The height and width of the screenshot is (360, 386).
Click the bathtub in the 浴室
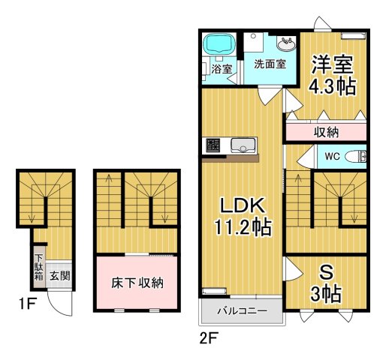tap(220, 46)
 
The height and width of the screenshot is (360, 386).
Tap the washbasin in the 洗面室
tap(287, 43)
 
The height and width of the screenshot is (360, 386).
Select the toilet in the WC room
tap(360, 156)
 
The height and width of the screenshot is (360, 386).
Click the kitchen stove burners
tap(212, 145)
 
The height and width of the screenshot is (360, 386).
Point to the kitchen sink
tap(243, 145)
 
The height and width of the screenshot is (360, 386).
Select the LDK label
tap(240, 203)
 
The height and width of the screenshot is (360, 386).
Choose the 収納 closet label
tap(326, 132)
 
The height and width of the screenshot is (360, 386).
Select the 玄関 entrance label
tap(60, 275)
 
